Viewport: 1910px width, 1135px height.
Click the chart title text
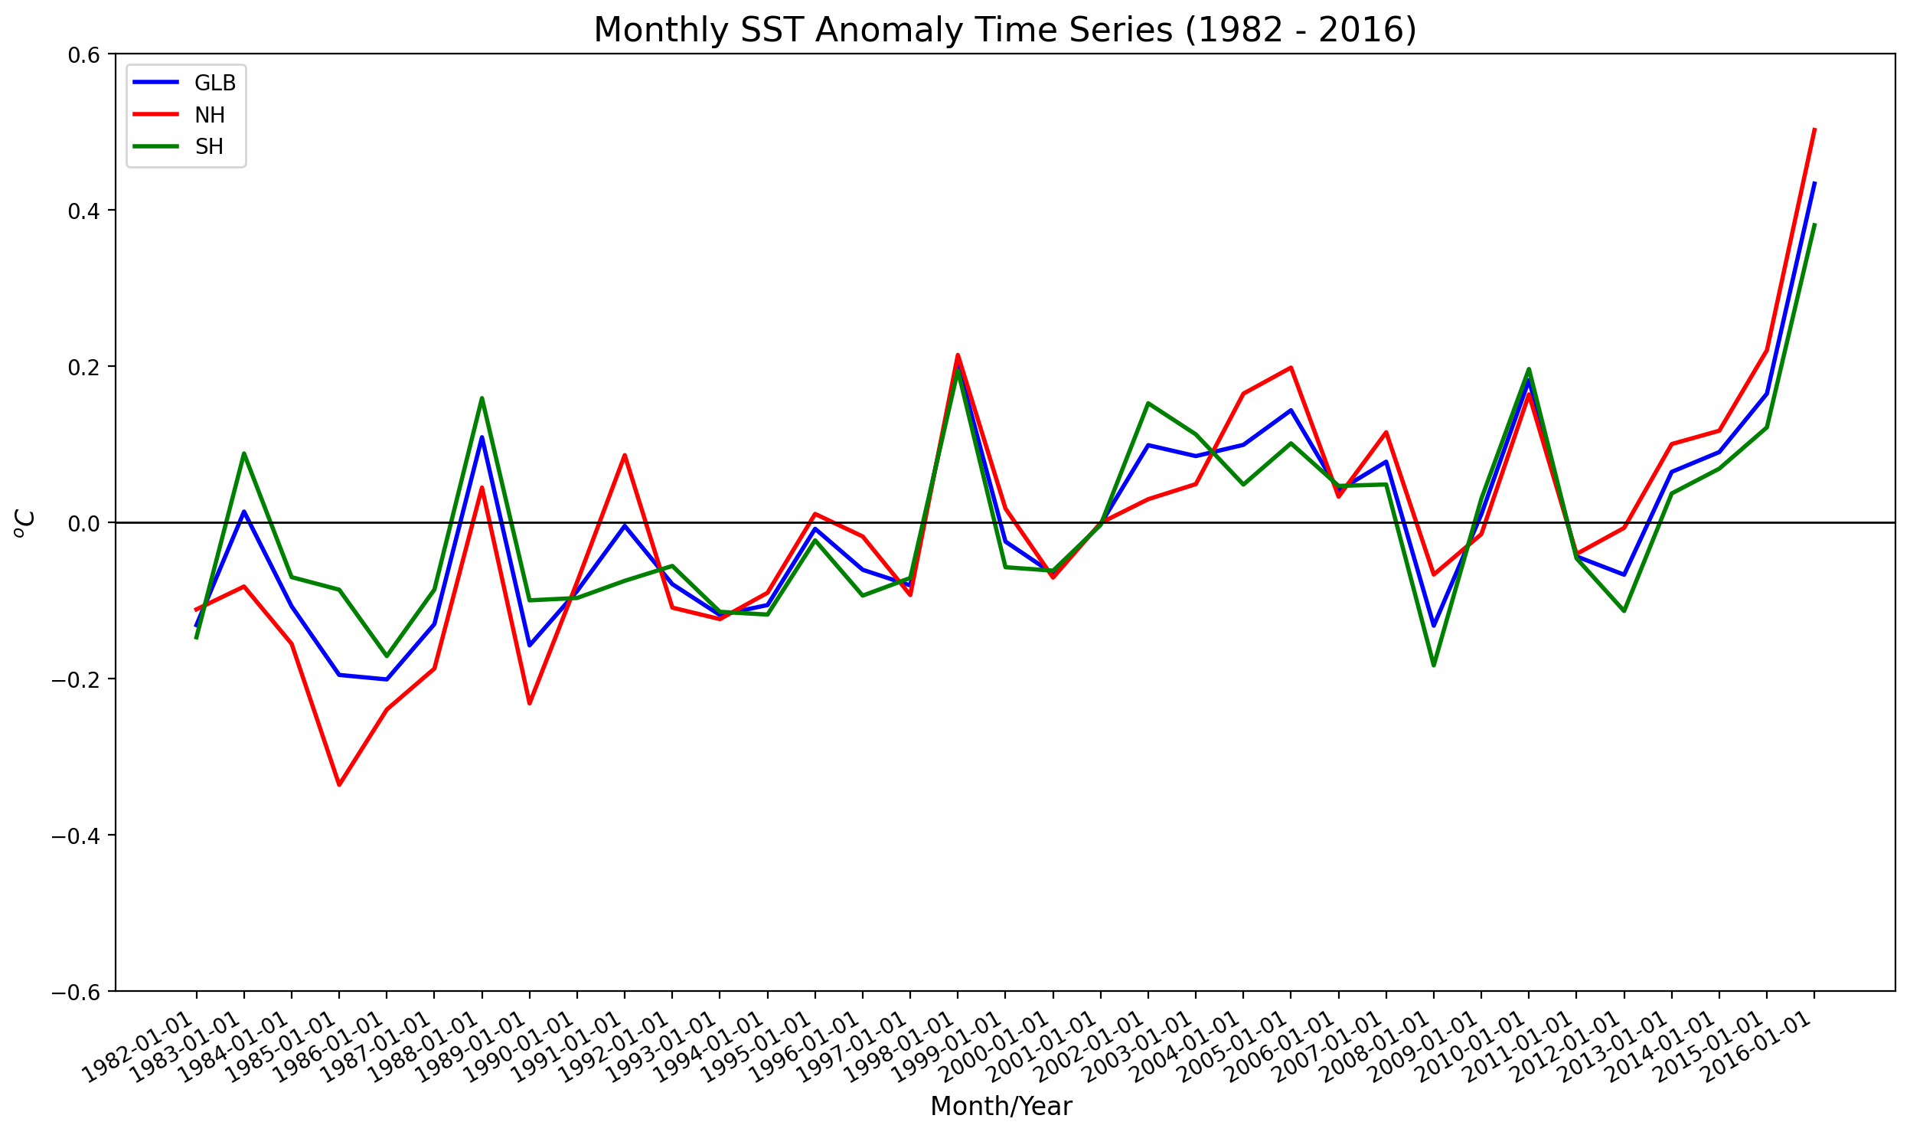coord(1004,31)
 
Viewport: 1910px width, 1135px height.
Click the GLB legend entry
coord(214,83)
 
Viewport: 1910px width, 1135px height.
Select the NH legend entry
coord(209,115)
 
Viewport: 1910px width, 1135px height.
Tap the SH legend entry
coord(208,147)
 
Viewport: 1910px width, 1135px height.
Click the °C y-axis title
coord(24,523)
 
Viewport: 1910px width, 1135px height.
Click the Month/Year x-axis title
coord(1001,1107)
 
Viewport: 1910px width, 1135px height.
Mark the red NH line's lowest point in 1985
coord(339,785)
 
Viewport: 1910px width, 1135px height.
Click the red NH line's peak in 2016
coord(1814,129)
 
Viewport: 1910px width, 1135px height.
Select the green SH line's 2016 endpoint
coord(1814,224)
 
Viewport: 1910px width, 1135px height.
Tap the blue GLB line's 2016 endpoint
coord(1814,182)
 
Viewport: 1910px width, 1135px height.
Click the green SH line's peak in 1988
coord(482,397)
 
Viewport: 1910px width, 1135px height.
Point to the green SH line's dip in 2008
coord(1434,666)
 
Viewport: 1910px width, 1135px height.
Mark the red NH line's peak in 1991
coord(625,455)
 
